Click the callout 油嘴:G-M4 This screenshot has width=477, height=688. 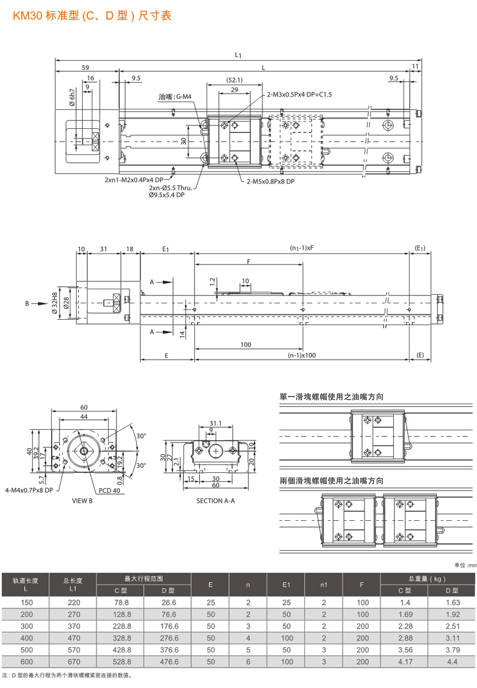(175, 97)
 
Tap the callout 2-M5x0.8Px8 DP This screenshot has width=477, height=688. (270, 181)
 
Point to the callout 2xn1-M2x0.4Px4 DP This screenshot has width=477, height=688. (134, 180)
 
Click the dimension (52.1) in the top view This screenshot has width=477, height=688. (235, 80)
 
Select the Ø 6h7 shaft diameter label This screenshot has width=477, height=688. (72, 98)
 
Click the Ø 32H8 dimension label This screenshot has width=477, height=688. (56, 302)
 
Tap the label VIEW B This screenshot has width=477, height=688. (82, 501)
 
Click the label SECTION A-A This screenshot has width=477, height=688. (215, 501)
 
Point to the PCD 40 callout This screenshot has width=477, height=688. (109, 490)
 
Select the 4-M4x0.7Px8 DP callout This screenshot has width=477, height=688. (29, 489)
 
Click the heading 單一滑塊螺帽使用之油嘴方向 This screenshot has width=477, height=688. (331, 397)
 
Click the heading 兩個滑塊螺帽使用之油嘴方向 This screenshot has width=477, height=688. (331, 480)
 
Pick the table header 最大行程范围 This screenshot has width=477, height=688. (144, 579)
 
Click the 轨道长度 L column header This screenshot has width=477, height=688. (26, 584)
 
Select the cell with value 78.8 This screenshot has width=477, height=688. (122, 602)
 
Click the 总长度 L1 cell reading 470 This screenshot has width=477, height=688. (74, 638)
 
